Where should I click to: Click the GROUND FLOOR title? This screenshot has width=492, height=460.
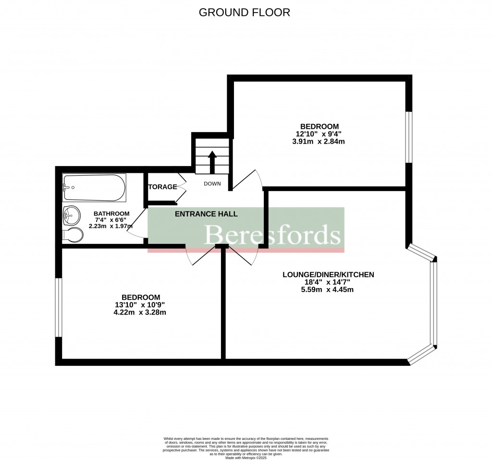coord(245,12)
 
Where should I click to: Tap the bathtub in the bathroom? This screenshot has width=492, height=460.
coord(94,188)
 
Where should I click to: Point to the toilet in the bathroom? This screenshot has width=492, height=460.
coord(73,235)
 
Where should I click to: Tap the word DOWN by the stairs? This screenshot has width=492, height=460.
coord(212,184)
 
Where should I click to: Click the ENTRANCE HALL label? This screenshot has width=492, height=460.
coord(206,214)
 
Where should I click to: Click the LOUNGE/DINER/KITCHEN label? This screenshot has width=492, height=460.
coord(328,275)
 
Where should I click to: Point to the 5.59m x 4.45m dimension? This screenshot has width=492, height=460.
coord(328,290)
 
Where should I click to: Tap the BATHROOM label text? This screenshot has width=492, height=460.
coord(111,214)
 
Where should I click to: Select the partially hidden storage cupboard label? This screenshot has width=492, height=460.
coord(162,187)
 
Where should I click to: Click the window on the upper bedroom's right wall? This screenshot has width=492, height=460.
coord(408,137)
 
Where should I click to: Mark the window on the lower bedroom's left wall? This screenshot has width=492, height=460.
coord(59,307)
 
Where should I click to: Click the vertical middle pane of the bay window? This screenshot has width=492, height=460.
coord(434,303)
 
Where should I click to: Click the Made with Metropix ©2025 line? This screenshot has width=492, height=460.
coord(246,457)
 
